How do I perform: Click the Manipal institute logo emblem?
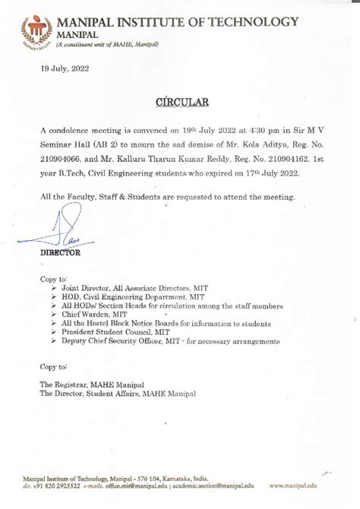click(36, 31)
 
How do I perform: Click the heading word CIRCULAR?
click(180, 101)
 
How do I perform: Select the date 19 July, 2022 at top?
click(65, 69)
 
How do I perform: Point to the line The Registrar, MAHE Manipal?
click(92, 385)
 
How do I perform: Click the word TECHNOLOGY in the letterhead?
click(254, 22)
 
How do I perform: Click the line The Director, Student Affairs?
click(118, 394)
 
